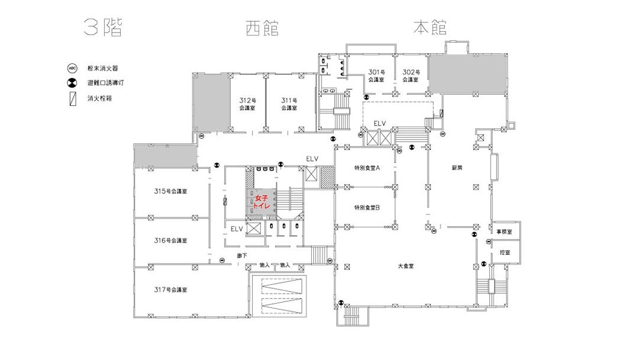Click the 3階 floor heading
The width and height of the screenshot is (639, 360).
103,28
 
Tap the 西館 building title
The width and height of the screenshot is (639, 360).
262,28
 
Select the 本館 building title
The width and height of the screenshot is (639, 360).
430,27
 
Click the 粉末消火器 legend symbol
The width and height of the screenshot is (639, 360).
72,68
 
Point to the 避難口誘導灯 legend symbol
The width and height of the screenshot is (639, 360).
72,83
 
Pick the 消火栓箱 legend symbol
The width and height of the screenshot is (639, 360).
73,99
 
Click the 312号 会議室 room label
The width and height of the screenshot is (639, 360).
247,104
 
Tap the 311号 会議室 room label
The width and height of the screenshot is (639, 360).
289,104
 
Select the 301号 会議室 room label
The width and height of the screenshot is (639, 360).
376,76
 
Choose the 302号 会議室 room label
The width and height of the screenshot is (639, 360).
411,76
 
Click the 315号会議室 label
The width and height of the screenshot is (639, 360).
170,191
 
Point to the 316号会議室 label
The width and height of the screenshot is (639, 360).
170,240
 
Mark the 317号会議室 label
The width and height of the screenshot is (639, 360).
170,290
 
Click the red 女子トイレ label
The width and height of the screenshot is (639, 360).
262,202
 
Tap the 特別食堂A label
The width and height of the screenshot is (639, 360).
367,168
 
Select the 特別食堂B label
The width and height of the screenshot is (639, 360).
367,207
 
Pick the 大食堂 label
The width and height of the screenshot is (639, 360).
405,266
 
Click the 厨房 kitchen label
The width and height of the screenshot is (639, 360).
457,168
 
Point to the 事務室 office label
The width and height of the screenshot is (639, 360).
504,232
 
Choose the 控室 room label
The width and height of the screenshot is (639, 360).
505,253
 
